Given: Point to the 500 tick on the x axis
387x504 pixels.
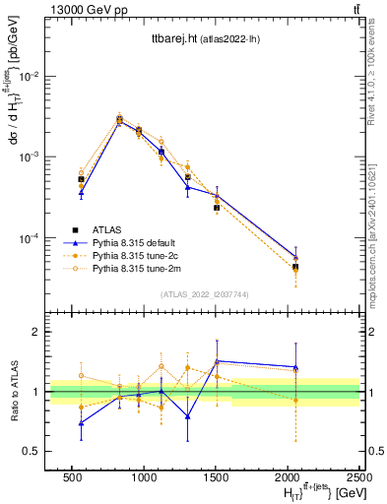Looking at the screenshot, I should tap(72, 476).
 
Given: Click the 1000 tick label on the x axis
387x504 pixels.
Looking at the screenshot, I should tap(144, 476).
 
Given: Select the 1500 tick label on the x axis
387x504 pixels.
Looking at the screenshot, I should tap(217, 476).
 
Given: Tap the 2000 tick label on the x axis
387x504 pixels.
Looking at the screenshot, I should tap(289, 476).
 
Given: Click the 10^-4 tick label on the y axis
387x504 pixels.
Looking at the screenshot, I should tap(30, 239).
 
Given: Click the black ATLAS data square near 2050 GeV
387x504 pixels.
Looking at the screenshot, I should tap(295, 267).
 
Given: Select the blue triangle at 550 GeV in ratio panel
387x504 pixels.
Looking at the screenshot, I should tap(81, 423).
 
